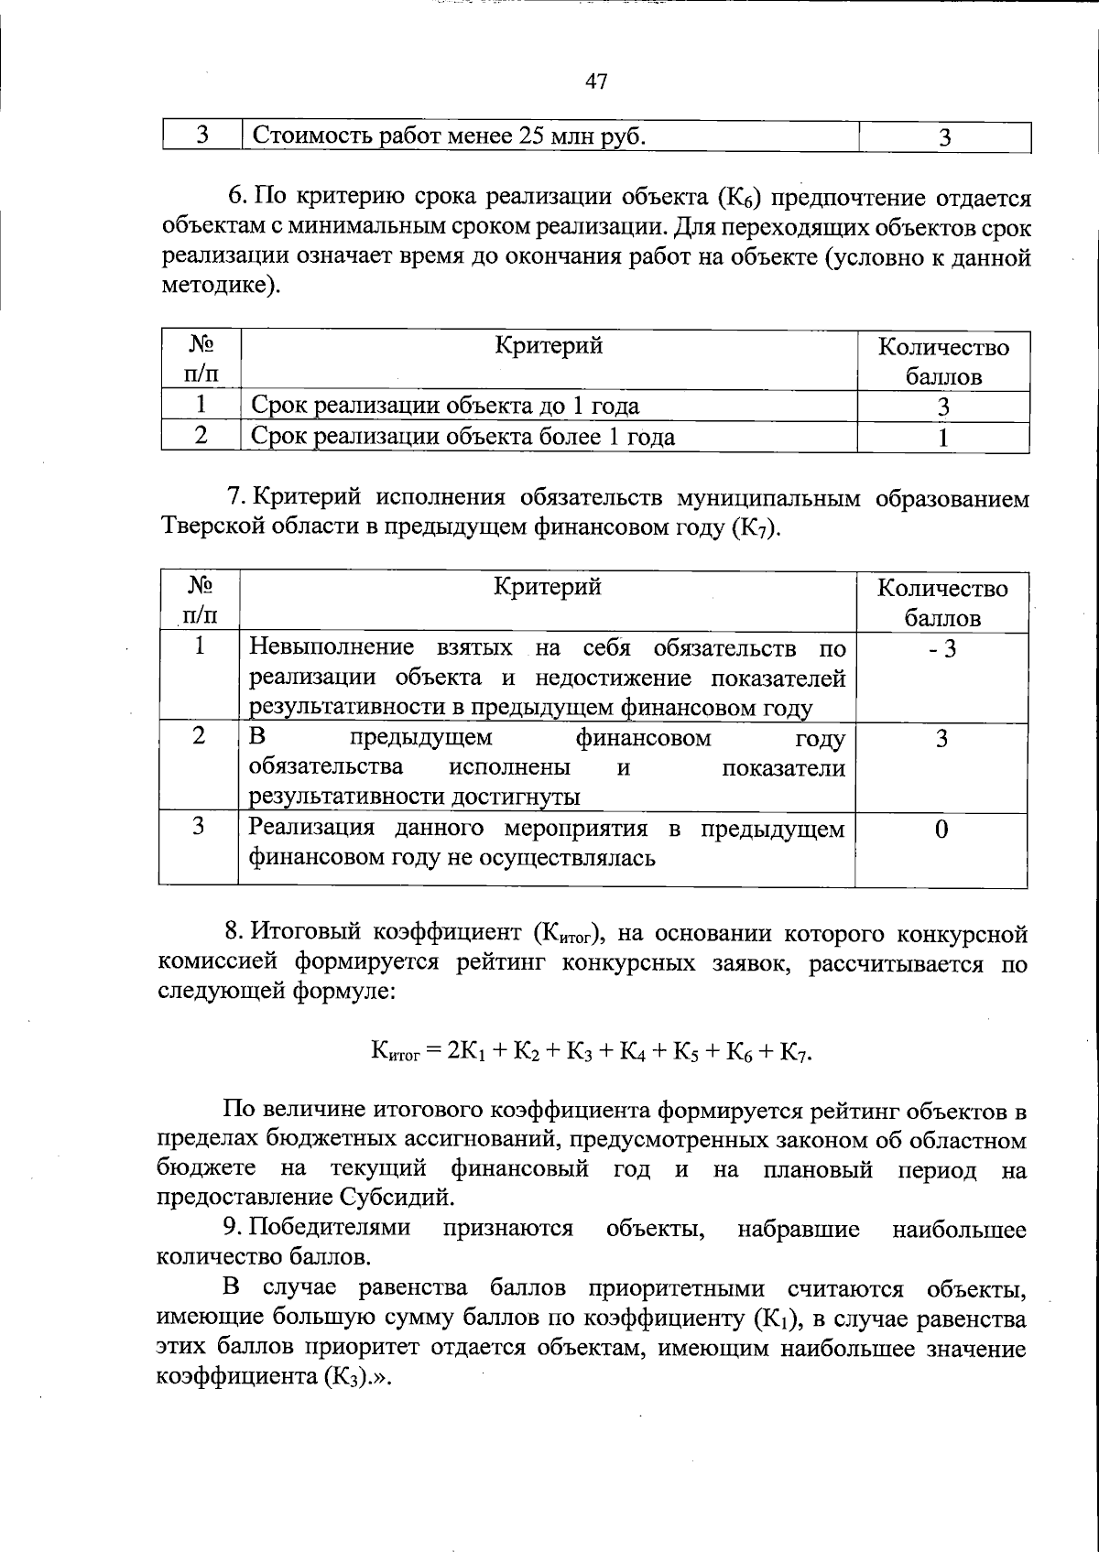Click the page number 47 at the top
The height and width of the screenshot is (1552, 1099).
[x=595, y=81]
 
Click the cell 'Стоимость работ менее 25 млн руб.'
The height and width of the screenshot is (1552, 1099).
[x=449, y=136]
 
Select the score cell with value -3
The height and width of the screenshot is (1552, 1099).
[x=941, y=649]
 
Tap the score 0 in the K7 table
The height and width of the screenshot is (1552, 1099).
[x=941, y=829]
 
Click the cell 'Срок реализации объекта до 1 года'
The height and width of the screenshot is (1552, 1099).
[x=445, y=406]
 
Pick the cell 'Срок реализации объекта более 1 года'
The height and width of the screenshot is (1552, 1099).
[x=462, y=437]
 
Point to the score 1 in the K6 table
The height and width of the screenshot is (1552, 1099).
[x=942, y=437]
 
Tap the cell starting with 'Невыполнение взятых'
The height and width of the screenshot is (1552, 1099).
[x=547, y=678]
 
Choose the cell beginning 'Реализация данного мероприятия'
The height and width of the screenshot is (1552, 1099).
[x=547, y=843]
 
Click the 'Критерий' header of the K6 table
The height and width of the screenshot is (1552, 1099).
[x=549, y=346]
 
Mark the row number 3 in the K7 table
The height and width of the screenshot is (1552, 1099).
[x=199, y=827]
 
